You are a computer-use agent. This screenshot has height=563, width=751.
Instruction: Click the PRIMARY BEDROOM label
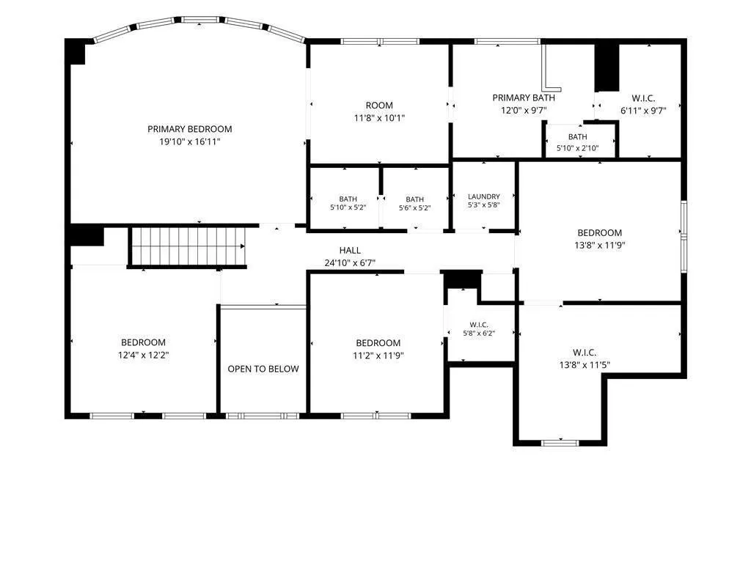click(x=190, y=129)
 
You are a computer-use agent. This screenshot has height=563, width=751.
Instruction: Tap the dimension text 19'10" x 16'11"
click(x=190, y=141)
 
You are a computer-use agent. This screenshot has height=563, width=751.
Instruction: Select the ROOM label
click(x=379, y=106)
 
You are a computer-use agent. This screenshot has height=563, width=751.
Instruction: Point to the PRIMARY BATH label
click(x=524, y=97)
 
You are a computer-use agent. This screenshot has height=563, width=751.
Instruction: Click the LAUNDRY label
click(x=484, y=196)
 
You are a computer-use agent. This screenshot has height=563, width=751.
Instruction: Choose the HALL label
click(x=350, y=250)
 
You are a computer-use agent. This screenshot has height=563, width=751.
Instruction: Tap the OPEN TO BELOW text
click(x=263, y=369)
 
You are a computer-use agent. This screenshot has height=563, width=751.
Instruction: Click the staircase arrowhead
click(x=243, y=246)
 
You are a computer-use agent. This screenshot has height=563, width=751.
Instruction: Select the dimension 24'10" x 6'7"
click(x=350, y=263)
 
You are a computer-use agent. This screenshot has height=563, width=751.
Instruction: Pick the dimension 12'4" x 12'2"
click(x=143, y=356)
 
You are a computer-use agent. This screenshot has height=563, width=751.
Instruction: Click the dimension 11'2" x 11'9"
click(x=378, y=356)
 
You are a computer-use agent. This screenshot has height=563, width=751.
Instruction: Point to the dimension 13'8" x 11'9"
click(x=600, y=246)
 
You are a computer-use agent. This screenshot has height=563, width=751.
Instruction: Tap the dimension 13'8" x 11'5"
click(x=585, y=365)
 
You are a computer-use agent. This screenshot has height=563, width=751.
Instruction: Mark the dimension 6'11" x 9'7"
click(x=643, y=111)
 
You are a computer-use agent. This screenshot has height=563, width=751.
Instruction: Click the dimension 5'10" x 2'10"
click(x=578, y=148)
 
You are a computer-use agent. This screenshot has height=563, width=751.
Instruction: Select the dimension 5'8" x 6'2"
click(x=479, y=334)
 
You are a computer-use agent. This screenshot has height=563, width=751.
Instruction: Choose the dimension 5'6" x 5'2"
click(x=415, y=207)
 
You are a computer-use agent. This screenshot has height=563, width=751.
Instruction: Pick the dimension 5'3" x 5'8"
click(x=484, y=205)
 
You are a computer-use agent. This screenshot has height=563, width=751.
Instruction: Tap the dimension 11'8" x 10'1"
click(x=379, y=118)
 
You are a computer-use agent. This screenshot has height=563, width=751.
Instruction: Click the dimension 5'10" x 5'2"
click(x=348, y=207)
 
